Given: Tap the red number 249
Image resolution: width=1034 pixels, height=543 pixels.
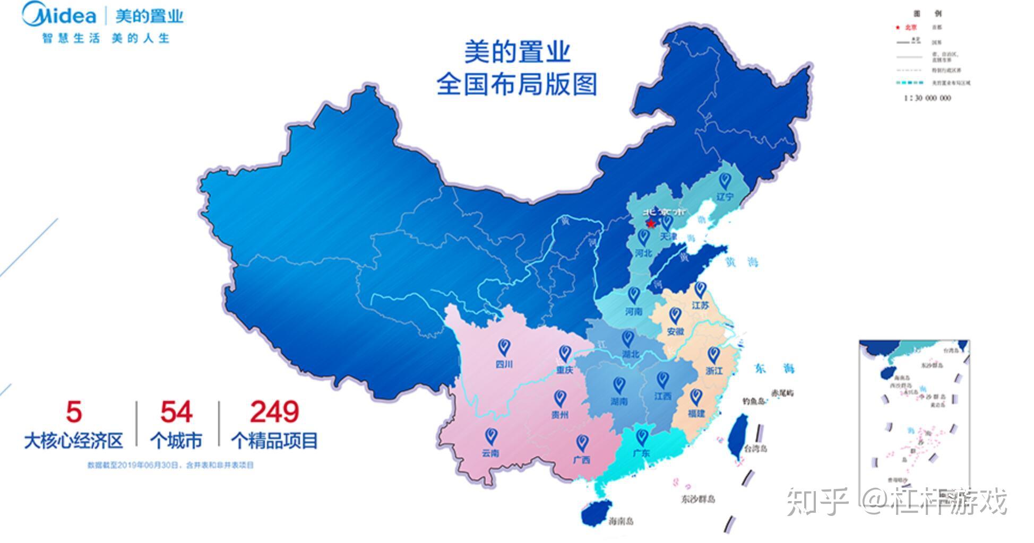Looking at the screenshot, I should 274,412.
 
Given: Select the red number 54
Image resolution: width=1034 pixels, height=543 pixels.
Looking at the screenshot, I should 176,412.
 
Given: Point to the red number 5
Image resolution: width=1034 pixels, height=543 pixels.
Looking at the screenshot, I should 74,412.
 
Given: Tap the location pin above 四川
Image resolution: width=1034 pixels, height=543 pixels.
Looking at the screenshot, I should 504,347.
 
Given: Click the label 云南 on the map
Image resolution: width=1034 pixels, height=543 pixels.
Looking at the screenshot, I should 490,453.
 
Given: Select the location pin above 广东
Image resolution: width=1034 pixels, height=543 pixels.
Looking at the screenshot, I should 642,437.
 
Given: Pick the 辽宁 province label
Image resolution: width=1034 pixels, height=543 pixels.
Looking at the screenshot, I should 725,197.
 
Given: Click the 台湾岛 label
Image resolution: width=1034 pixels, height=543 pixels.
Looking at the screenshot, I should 755,449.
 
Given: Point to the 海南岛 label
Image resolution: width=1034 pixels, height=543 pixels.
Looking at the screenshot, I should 621,521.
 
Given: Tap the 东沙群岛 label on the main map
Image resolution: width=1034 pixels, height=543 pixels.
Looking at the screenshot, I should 698,499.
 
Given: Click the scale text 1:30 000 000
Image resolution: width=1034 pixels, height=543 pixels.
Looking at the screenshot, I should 927,98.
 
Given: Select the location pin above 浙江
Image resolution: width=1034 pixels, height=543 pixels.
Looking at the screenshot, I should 714,354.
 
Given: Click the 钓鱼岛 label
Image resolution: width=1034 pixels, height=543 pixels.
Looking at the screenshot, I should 753,401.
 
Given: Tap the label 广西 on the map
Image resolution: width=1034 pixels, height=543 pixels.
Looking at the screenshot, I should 582,460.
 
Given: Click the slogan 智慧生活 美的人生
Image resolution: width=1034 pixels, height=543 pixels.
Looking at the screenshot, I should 106,38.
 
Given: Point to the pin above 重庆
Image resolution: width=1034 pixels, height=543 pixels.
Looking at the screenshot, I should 565,353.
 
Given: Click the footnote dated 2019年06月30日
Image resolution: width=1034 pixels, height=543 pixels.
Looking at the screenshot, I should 170,465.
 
